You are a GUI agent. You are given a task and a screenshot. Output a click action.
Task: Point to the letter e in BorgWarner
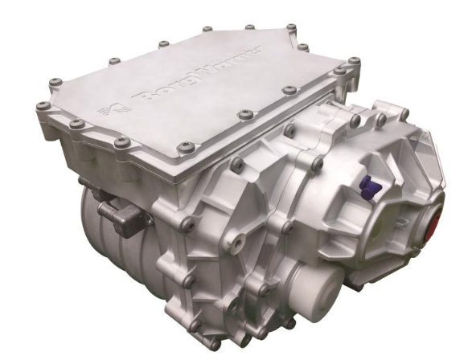coord(248,55)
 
